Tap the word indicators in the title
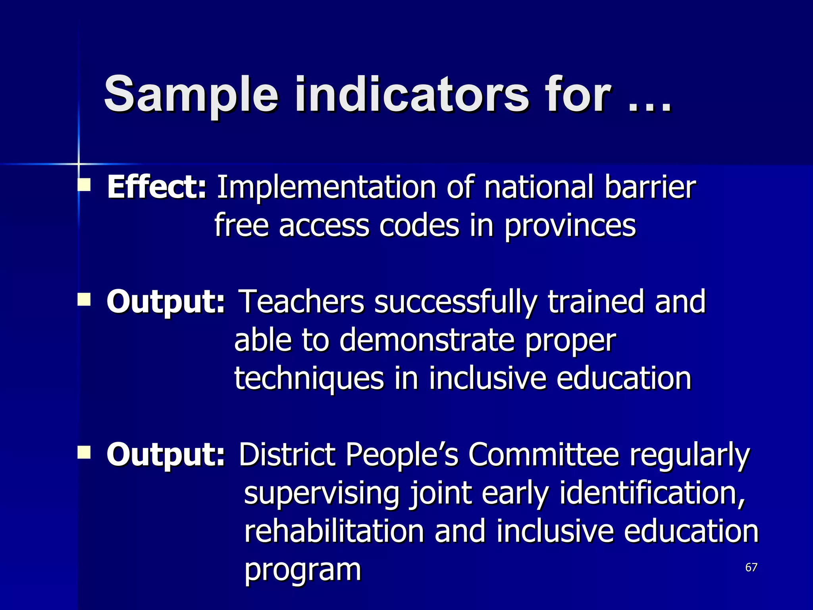click(x=411, y=95)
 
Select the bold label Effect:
click(x=157, y=187)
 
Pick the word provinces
click(x=570, y=226)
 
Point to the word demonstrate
click(x=427, y=340)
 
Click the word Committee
click(x=543, y=454)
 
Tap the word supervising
click(x=322, y=494)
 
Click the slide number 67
click(x=751, y=567)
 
